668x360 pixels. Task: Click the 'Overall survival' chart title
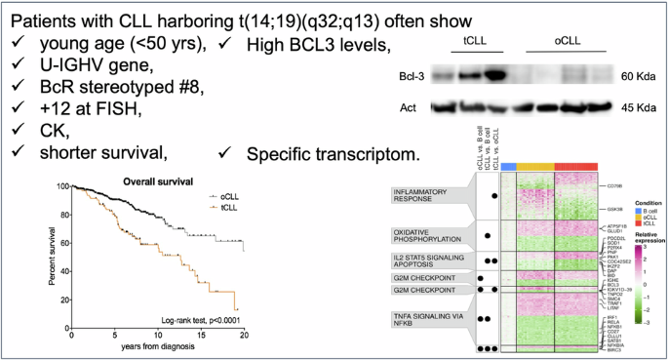[156, 180]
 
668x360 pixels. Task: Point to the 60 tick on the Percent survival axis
[61, 245]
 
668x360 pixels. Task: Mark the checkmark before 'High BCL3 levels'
[226, 43]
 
